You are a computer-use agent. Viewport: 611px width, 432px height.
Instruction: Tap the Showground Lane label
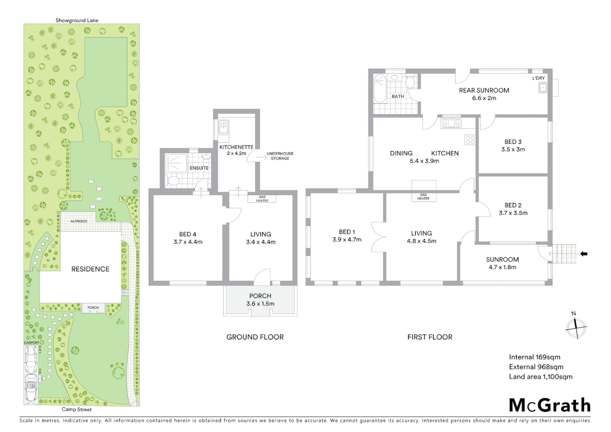tap(77, 20)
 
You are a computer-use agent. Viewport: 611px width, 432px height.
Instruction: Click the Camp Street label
tap(76, 409)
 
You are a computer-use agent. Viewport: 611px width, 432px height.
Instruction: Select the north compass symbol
tap(575, 327)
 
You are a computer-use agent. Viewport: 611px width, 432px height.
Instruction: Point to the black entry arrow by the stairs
tap(584, 254)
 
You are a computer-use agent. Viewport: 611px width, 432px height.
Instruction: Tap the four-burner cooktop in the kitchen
tap(470, 140)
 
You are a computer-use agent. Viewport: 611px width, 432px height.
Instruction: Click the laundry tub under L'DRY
tap(542, 88)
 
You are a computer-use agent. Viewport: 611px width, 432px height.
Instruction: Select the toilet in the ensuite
tap(173, 181)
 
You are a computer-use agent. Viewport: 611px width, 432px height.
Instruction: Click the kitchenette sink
tap(223, 127)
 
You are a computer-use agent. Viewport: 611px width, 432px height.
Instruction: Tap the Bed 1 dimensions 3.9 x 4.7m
tap(347, 240)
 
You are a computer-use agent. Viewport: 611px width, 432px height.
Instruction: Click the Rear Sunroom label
tap(484, 90)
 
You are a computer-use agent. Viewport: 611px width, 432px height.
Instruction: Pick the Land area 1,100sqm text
tap(540, 376)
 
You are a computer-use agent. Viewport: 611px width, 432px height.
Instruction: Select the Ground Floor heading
tap(255, 337)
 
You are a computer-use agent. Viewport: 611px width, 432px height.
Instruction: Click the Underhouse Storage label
tap(280, 156)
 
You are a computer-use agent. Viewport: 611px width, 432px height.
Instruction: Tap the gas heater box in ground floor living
tap(262, 198)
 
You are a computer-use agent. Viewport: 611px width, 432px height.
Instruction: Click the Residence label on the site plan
tap(90, 269)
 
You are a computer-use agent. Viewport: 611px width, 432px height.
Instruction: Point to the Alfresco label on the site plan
tap(79, 221)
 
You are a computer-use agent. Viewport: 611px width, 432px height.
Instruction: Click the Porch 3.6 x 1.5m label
tap(260, 300)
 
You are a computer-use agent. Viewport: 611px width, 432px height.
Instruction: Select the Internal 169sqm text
tap(534, 357)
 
